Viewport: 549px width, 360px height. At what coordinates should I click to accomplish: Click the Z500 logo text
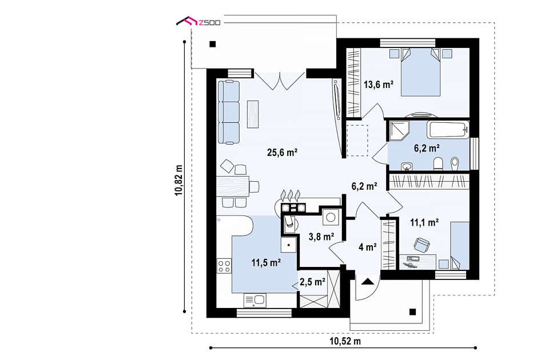point(209,23)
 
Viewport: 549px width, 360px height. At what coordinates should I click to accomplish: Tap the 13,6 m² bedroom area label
point(379,85)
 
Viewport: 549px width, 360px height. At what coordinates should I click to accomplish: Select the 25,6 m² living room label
point(282,153)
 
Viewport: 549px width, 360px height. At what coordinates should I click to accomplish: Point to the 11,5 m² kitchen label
point(266,262)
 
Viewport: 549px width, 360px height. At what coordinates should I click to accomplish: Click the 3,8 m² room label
point(321,237)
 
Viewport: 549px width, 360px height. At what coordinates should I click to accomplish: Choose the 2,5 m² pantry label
point(313,282)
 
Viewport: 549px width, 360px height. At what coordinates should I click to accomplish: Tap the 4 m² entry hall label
point(367,247)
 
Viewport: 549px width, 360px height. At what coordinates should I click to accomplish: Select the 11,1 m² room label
point(424,222)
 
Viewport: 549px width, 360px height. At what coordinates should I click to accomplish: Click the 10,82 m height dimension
point(178,180)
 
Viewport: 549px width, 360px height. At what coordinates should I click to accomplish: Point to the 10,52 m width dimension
point(345,341)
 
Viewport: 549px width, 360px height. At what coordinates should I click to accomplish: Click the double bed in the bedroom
point(420,72)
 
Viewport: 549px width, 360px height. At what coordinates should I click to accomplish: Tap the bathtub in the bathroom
point(448,130)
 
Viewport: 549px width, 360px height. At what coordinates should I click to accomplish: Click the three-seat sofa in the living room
point(229,112)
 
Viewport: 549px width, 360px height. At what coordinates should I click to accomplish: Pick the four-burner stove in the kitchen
point(224,266)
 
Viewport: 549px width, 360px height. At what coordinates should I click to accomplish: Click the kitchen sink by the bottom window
point(255,300)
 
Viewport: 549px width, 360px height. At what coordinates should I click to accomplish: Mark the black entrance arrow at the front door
point(367,281)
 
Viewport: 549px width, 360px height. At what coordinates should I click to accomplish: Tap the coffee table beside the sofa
point(253,114)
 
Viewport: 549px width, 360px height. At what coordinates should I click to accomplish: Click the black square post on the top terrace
point(213,44)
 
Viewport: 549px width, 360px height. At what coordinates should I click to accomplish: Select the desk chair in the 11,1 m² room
point(422,244)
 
